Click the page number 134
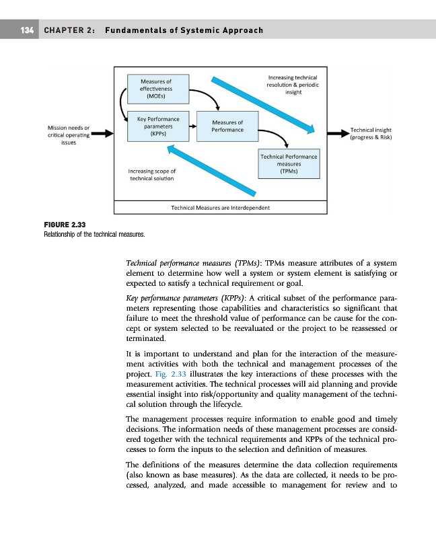point(26,31)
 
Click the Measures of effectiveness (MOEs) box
point(155,89)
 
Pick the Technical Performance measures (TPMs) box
point(289,164)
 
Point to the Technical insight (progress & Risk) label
point(371,134)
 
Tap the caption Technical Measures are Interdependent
point(221,208)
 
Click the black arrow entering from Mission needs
point(102,134)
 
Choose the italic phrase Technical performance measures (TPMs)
point(183,264)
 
